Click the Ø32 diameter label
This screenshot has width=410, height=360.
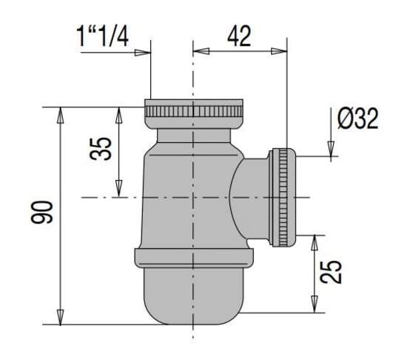point(357,118)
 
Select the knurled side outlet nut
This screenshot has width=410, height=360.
point(282,197)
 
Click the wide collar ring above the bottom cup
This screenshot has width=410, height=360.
point(193,256)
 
